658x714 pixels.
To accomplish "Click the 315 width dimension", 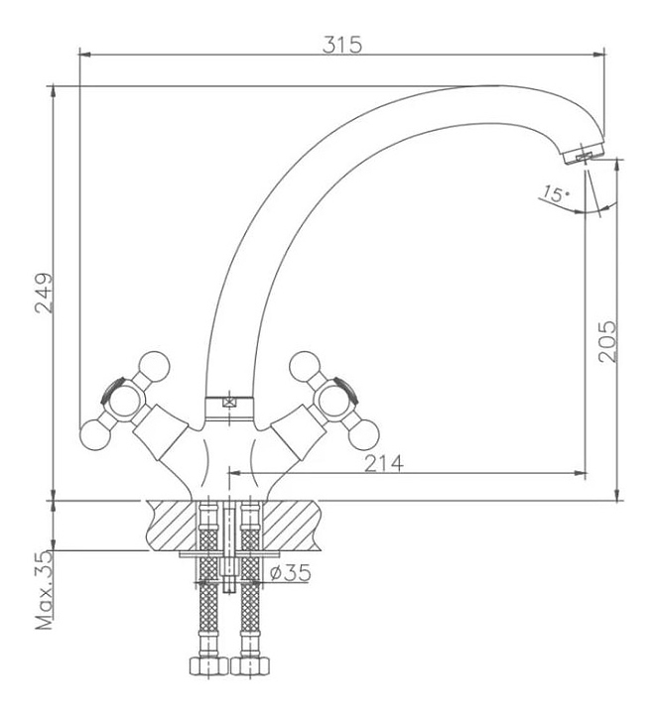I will click(341, 45).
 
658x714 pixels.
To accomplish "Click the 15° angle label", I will click(558, 194).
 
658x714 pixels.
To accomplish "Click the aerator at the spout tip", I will click(581, 155).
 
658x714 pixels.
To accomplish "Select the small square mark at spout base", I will click(230, 402).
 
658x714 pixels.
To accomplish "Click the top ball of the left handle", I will click(154, 366).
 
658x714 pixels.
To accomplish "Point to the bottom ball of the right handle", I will click(365, 433).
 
